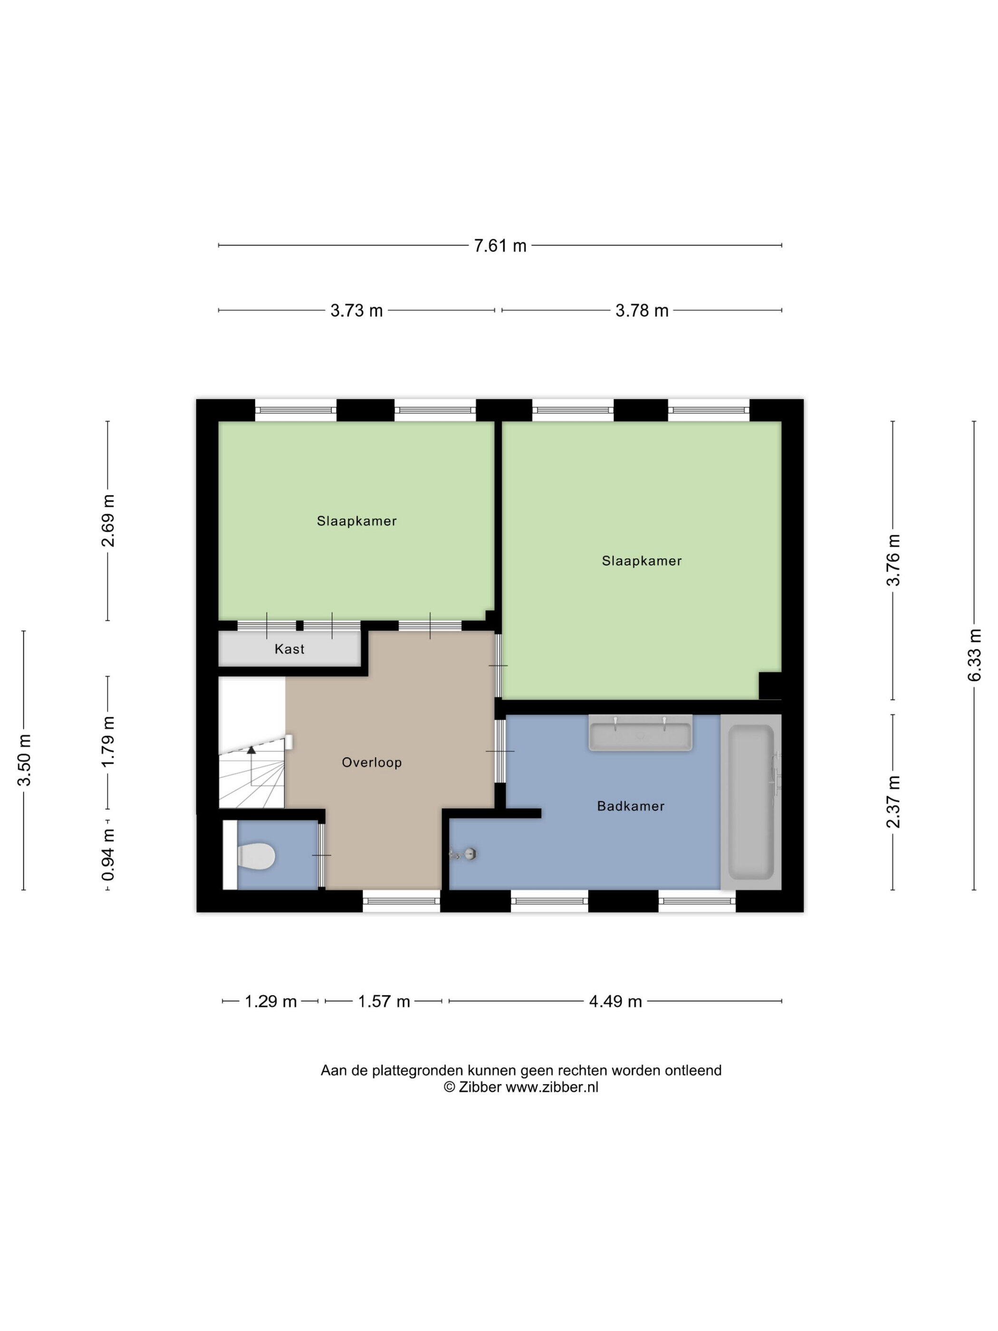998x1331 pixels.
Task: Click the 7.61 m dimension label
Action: tap(499, 245)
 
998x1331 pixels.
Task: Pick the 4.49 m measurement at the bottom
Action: tap(615, 1001)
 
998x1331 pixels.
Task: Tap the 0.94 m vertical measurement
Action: tap(108, 854)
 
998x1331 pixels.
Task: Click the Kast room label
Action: tap(289, 649)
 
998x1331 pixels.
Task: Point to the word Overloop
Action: tap(372, 762)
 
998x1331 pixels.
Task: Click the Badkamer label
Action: tap(631, 806)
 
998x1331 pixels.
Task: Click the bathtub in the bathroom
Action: tap(751, 802)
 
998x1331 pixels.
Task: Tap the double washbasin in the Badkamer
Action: tap(640, 733)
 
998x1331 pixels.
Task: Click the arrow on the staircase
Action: tap(251, 750)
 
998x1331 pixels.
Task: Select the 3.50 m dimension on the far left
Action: tap(24, 761)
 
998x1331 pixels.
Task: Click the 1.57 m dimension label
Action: tap(384, 1001)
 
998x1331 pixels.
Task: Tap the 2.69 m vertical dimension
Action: tap(108, 521)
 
